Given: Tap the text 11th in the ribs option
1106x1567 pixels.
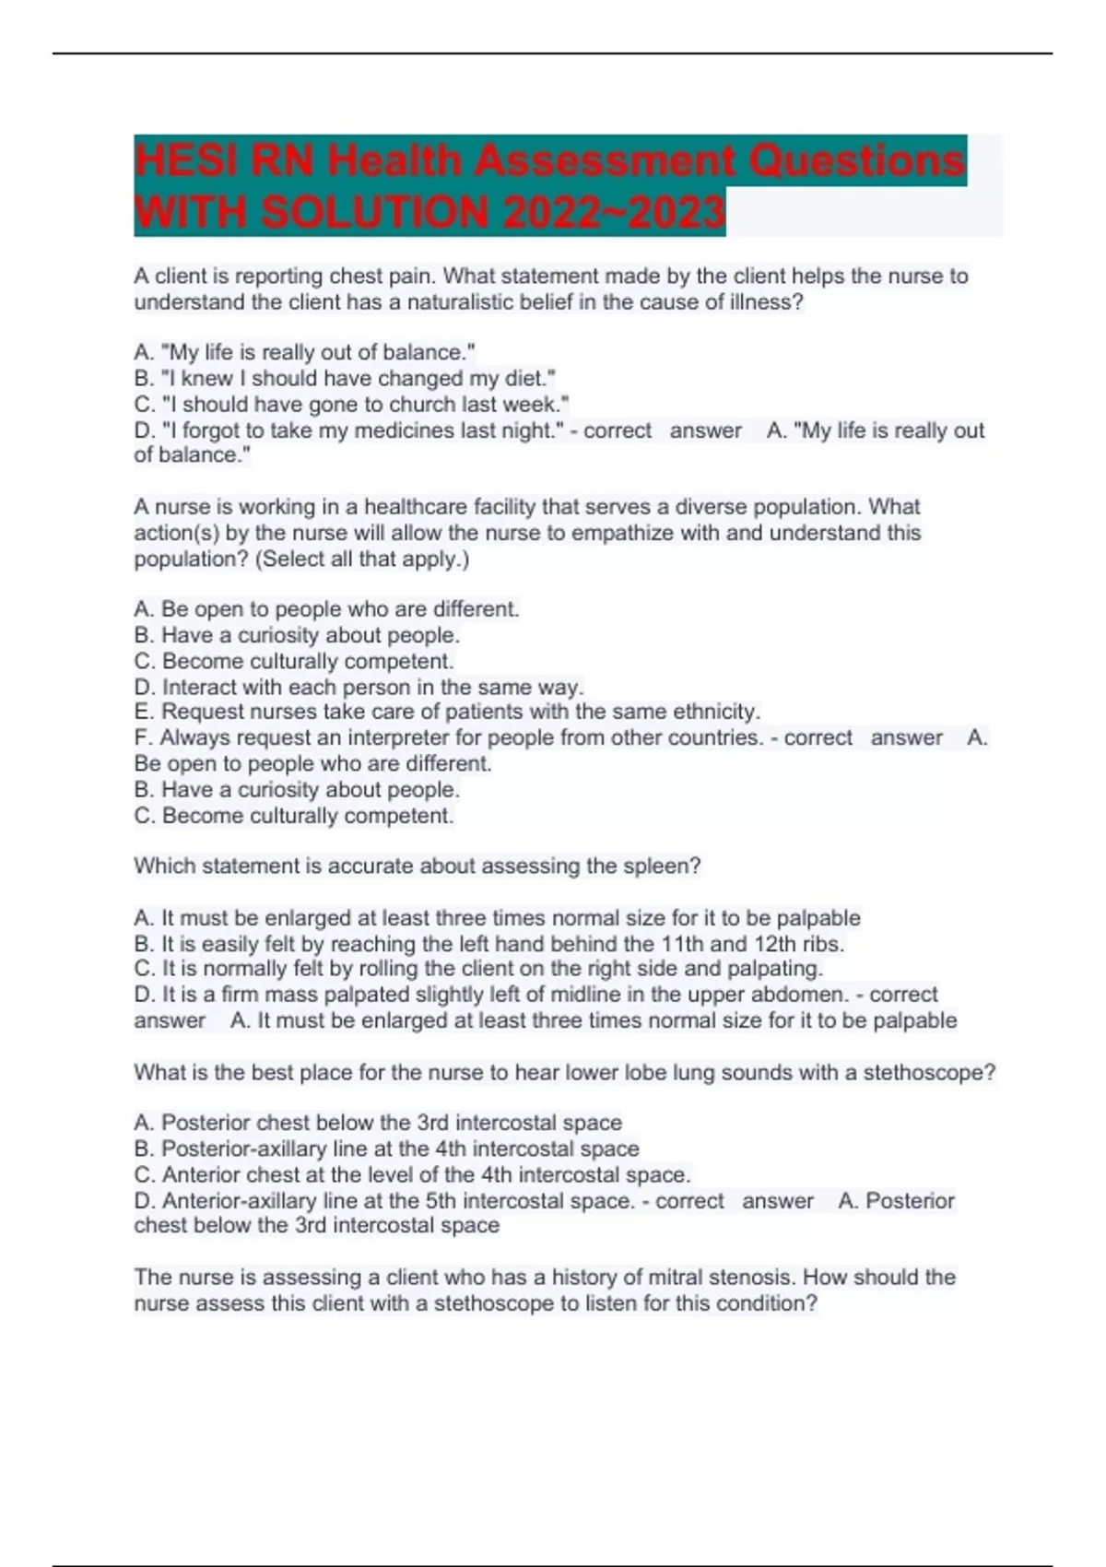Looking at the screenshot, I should tap(682, 944).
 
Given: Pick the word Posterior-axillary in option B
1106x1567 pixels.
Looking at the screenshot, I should tap(243, 1149).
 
